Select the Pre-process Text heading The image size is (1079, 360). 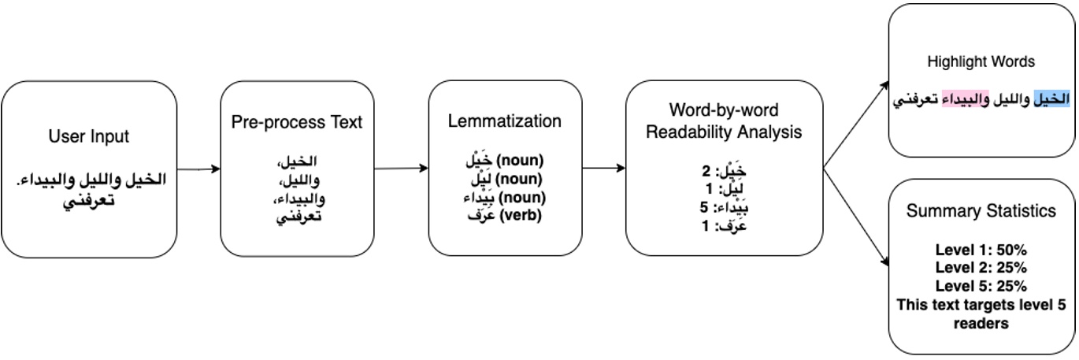297,122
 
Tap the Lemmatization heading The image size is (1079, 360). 505,121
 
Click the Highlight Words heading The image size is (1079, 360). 981,61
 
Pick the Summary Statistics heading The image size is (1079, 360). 981,211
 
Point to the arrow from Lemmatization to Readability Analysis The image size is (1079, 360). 604,168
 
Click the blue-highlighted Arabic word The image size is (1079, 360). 1051,102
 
